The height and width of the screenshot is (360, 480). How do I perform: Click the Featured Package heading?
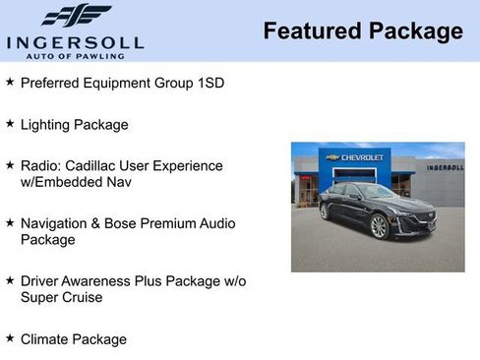[x=362, y=31]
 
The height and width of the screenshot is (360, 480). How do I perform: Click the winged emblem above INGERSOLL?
[x=76, y=16]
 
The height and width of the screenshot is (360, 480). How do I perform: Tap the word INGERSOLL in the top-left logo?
[x=75, y=41]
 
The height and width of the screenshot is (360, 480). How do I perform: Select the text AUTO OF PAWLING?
[x=76, y=55]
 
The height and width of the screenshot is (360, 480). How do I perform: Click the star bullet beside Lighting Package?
[x=10, y=124]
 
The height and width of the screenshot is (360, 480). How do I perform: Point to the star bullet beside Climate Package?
[x=10, y=338]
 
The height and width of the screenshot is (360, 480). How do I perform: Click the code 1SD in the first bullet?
[x=209, y=83]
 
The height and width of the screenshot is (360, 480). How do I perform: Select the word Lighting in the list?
[x=48, y=125]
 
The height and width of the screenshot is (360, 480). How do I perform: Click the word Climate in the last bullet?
[x=47, y=339]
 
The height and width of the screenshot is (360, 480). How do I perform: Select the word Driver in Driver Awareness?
[x=40, y=280]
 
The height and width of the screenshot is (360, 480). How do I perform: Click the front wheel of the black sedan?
[x=380, y=226]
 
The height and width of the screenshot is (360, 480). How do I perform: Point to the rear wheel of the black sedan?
[x=325, y=211]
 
